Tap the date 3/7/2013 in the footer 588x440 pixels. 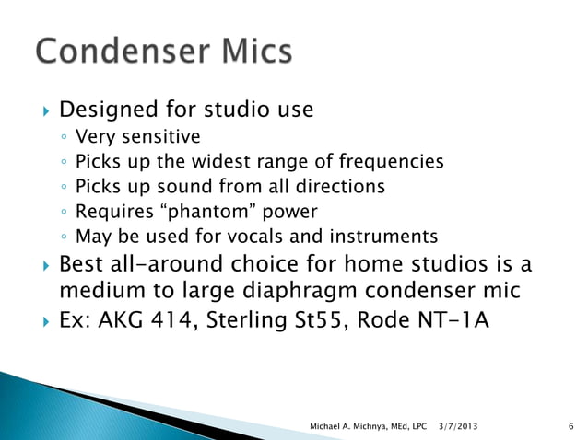pos(458,424)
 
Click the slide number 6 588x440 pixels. pos(572,424)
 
